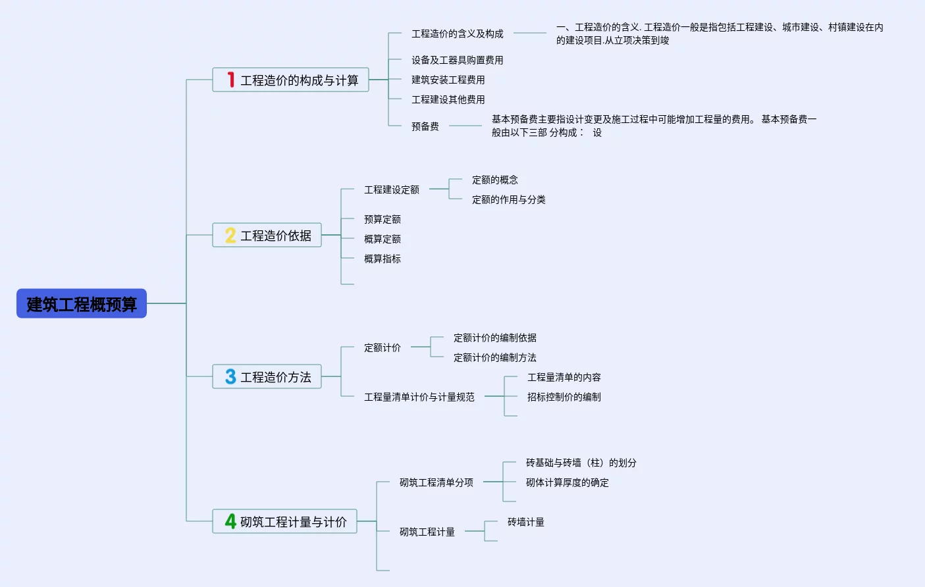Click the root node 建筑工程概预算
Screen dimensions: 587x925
click(82, 304)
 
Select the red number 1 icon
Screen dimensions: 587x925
click(230, 80)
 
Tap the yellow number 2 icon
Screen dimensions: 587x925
click(230, 235)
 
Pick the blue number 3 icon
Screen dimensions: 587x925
click(230, 376)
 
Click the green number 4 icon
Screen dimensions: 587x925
click(230, 521)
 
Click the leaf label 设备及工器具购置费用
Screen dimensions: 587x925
click(457, 60)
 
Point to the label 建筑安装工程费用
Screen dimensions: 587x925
click(448, 80)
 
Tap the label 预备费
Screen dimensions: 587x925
click(425, 126)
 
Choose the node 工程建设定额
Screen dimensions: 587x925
click(391, 190)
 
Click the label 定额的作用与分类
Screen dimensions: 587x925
click(508, 199)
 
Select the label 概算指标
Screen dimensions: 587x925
click(382, 259)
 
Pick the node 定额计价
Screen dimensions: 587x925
click(382, 347)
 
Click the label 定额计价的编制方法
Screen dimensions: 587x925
click(494, 357)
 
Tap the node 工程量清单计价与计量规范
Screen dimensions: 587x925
click(419, 397)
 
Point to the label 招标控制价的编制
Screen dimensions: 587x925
click(564, 397)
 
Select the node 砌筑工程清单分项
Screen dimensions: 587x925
click(436, 482)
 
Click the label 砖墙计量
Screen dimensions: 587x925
click(525, 522)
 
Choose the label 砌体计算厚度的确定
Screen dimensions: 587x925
click(567, 482)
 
